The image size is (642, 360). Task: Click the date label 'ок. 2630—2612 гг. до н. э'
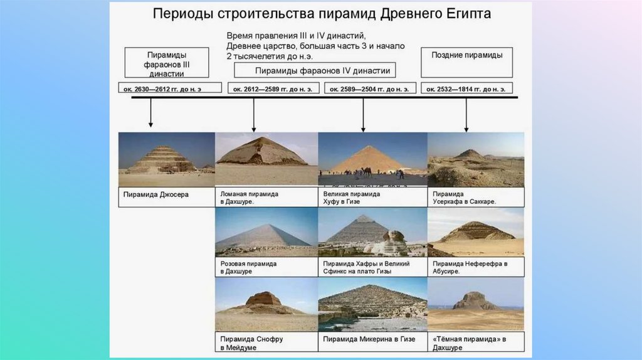pos(169,88)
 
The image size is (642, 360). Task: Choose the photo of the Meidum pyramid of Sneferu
pos(266,304)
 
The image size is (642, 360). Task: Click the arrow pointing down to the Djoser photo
pos(150,116)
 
